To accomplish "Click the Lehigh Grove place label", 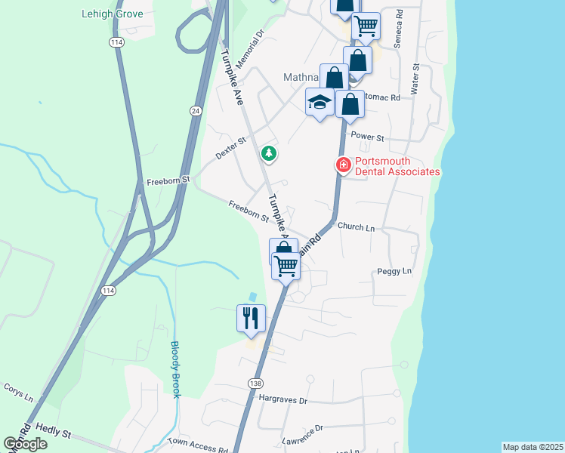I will click(x=112, y=14).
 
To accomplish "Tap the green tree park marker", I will click(x=268, y=154).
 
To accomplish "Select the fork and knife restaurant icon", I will click(x=252, y=317).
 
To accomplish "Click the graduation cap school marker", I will click(x=320, y=101).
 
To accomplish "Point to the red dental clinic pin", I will click(x=343, y=165).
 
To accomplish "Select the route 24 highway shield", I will click(x=196, y=110).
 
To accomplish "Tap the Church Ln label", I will click(x=356, y=226).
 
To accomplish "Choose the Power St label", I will click(x=369, y=138).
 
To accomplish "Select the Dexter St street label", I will click(x=231, y=146).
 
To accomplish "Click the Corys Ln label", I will click(x=19, y=395).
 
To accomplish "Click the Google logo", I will click(x=25, y=443).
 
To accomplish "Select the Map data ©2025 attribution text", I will click(x=533, y=447).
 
